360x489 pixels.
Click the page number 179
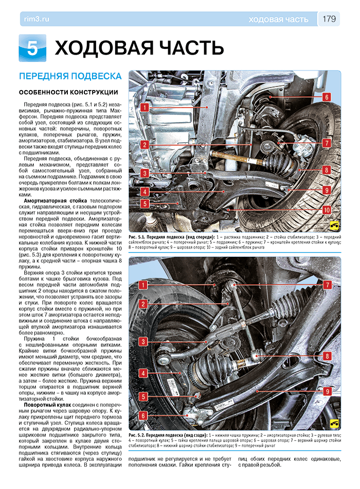[x=329, y=19]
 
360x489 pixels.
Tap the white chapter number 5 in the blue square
[x=32, y=48]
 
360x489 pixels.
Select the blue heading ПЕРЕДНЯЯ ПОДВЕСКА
[x=70, y=76]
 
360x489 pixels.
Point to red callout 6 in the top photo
[x=327, y=97]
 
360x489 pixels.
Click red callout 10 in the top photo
[x=327, y=210]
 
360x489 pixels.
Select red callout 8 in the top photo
[x=327, y=169]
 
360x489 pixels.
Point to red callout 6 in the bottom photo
[x=143, y=415]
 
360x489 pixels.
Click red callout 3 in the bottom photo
[x=143, y=341]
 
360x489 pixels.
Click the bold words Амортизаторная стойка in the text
[x=56, y=199]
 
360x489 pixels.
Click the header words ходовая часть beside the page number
[x=278, y=20]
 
